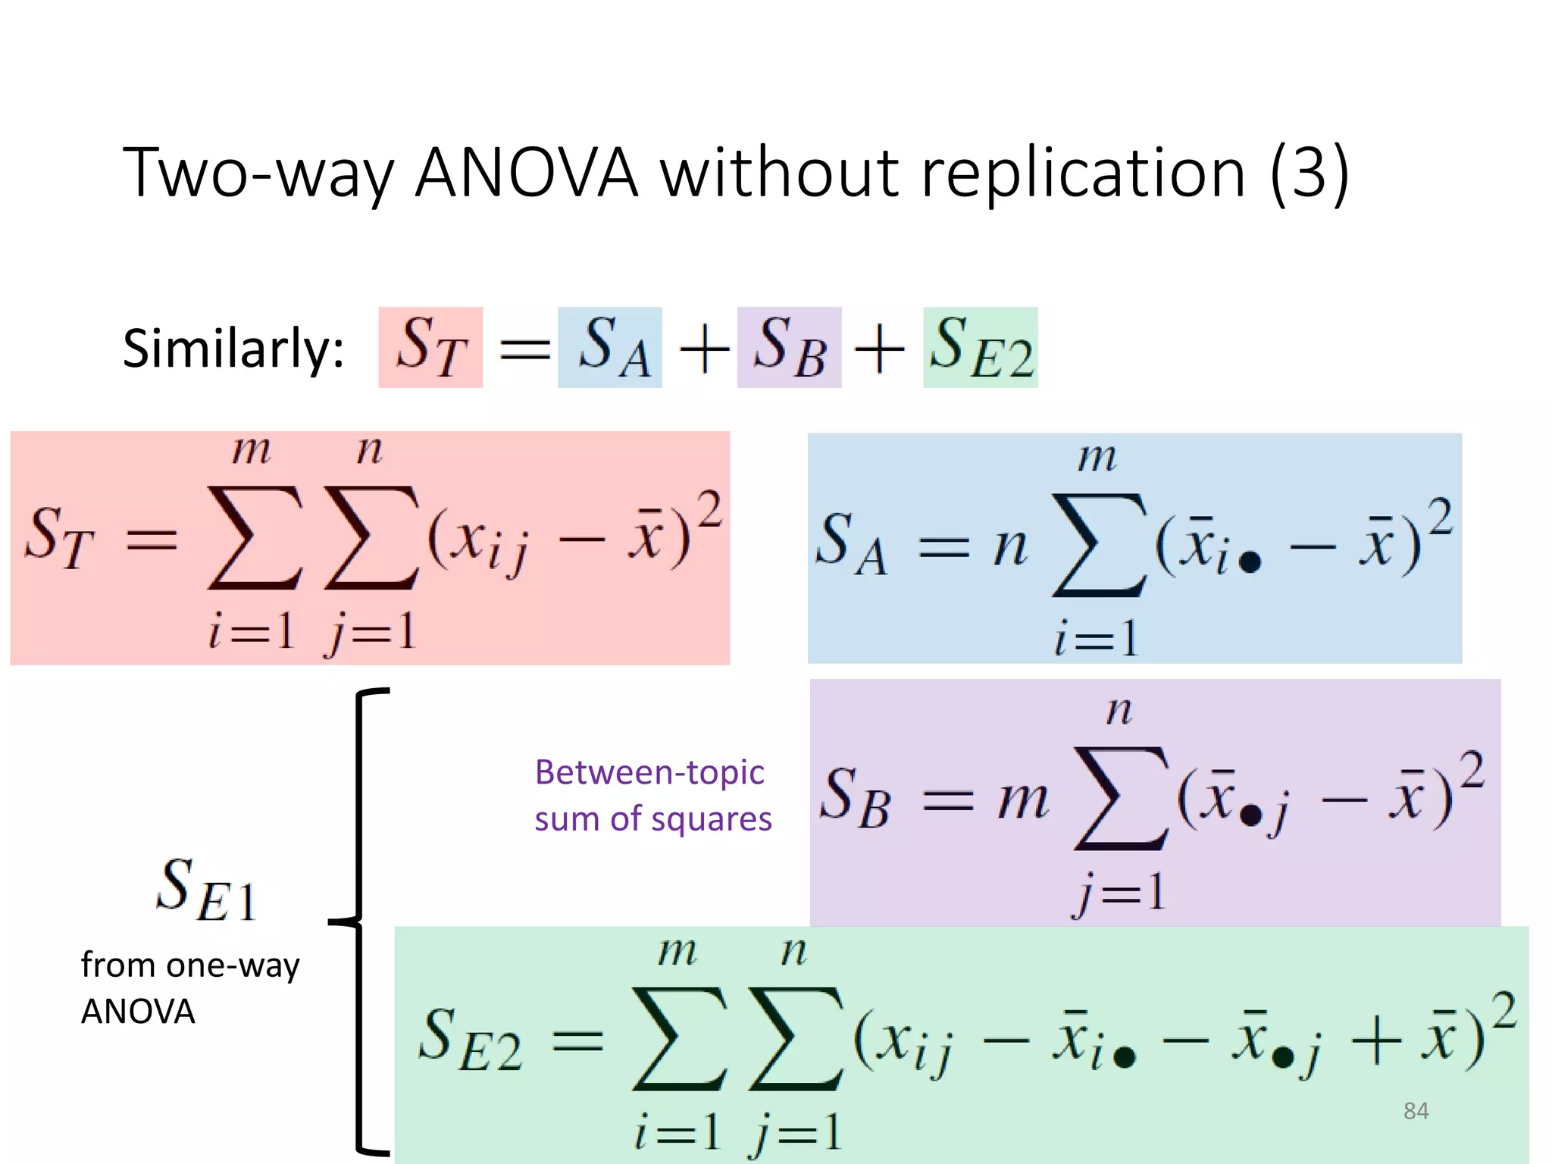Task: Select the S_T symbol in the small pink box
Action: tap(430, 348)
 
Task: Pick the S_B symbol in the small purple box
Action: tap(790, 348)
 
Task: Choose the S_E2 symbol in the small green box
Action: tap(981, 348)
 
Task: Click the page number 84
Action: tap(1416, 1111)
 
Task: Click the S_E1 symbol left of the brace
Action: tap(206, 890)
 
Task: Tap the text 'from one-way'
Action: tap(190, 965)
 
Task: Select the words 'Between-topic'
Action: tap(649, 773)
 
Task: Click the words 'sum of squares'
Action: tap(652, 819)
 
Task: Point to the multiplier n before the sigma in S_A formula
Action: tap(1009, 547)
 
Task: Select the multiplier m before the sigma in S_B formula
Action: tap(1023, 800)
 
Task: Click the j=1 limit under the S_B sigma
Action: tap(1119, 892)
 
